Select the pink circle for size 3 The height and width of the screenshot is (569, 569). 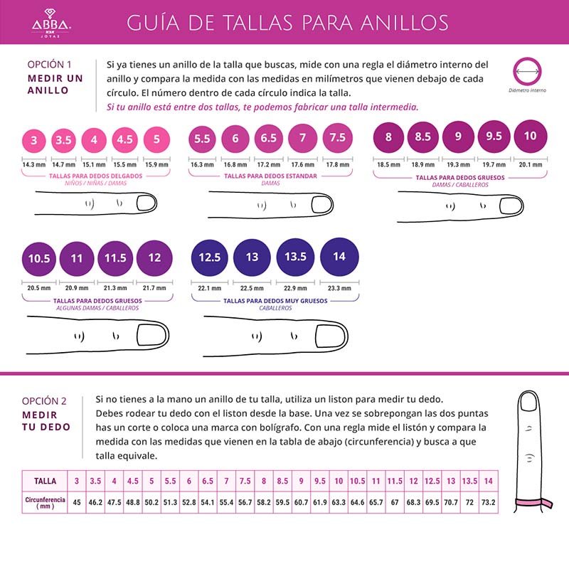(33, 140)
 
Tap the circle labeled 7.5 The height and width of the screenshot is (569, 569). (337, 138)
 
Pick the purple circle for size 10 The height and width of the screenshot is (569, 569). (530, 136)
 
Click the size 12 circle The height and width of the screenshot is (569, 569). (154, 257)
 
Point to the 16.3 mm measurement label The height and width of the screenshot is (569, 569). (202, 164)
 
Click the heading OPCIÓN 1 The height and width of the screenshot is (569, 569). (49, 63)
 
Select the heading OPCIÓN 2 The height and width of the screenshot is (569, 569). (44, 400)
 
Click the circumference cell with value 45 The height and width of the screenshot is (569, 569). (77, 503)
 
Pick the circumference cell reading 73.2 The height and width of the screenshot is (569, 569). (488, 503)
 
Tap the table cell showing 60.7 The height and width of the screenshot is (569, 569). (301, 503)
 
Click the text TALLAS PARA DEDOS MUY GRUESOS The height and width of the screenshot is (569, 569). (270, 301)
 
